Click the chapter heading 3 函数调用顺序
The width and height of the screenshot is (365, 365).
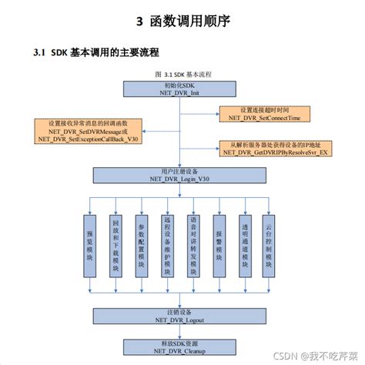click(x=182, y=20)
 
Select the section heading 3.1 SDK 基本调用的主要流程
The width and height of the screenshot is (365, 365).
click(x=97, y=53)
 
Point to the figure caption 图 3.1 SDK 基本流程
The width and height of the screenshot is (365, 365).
click(x=183, y=73)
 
